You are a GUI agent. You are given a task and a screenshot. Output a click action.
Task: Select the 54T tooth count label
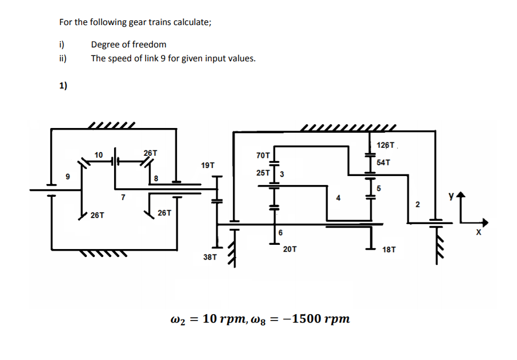coord(384,162)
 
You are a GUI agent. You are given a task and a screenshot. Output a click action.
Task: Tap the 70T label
coord(263,156)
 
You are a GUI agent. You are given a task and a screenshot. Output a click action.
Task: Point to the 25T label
coord(263,173)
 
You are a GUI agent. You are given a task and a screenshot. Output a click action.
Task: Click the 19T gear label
coord(208,165)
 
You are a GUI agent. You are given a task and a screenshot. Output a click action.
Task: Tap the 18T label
coord(389,250)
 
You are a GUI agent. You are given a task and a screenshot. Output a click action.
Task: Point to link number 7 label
coord(123,198)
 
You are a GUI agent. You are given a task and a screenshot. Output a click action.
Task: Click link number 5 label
coord(379,188)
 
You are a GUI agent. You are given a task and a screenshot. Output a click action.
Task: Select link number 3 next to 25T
coord(281,174)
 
